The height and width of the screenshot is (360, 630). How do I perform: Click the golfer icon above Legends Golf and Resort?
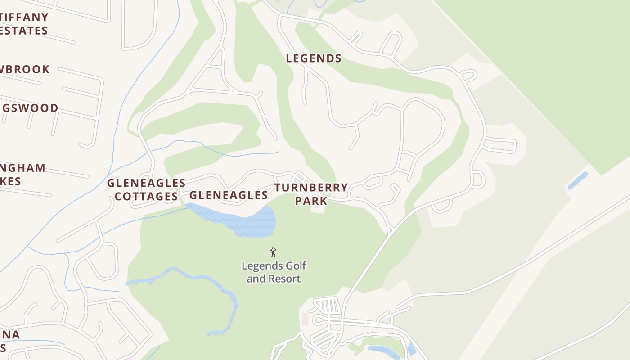[x=273, y=252]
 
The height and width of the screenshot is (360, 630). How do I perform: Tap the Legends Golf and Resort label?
[x=274, y=272]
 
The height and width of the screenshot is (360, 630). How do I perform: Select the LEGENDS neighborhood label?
[x=314, y=58]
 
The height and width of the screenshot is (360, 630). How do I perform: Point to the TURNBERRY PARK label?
[x=311, y=194]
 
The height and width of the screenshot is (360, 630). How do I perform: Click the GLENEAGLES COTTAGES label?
[x=146, y=189]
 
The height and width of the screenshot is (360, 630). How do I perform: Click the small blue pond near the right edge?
[x=578, y=180]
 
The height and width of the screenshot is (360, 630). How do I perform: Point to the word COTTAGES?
[x=147, y=197]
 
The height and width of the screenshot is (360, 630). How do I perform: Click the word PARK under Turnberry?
[x=311, y=201]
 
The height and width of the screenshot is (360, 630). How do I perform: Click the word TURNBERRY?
[x=311, y=187]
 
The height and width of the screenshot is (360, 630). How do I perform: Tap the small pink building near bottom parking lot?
[x=305, y=319]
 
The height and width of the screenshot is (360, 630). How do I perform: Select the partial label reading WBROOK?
[x=25, y=69]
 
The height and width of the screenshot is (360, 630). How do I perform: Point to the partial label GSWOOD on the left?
[x=29, y=108]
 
